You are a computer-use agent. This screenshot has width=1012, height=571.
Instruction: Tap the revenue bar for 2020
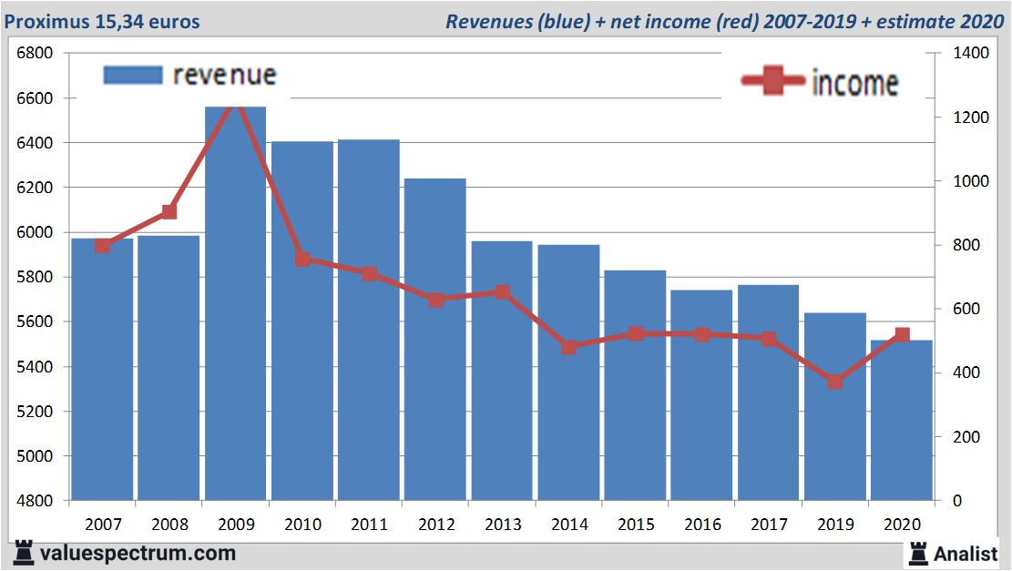(902, 420)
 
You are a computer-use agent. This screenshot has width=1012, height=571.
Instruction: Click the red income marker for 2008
(169, 212)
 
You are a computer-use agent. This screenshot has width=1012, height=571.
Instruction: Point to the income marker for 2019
(835, 382)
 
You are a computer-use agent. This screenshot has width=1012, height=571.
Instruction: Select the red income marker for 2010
(302, 259)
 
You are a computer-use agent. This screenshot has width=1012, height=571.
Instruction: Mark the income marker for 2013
(502, 292)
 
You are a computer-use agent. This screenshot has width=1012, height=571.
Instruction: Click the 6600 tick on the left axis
(36, 98)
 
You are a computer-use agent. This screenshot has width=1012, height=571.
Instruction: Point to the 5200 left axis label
(36, 412)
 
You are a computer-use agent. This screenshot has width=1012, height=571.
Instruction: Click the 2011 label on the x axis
(369, 525)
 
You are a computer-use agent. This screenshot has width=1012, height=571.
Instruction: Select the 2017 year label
(768, 525)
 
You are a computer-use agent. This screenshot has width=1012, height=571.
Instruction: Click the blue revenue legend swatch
(133, 75)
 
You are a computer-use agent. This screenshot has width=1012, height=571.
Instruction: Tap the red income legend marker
(772, 82)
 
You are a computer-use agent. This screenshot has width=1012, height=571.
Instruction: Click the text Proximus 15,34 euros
(102, 21)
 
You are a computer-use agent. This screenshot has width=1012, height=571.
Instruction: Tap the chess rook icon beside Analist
(918, 552)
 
